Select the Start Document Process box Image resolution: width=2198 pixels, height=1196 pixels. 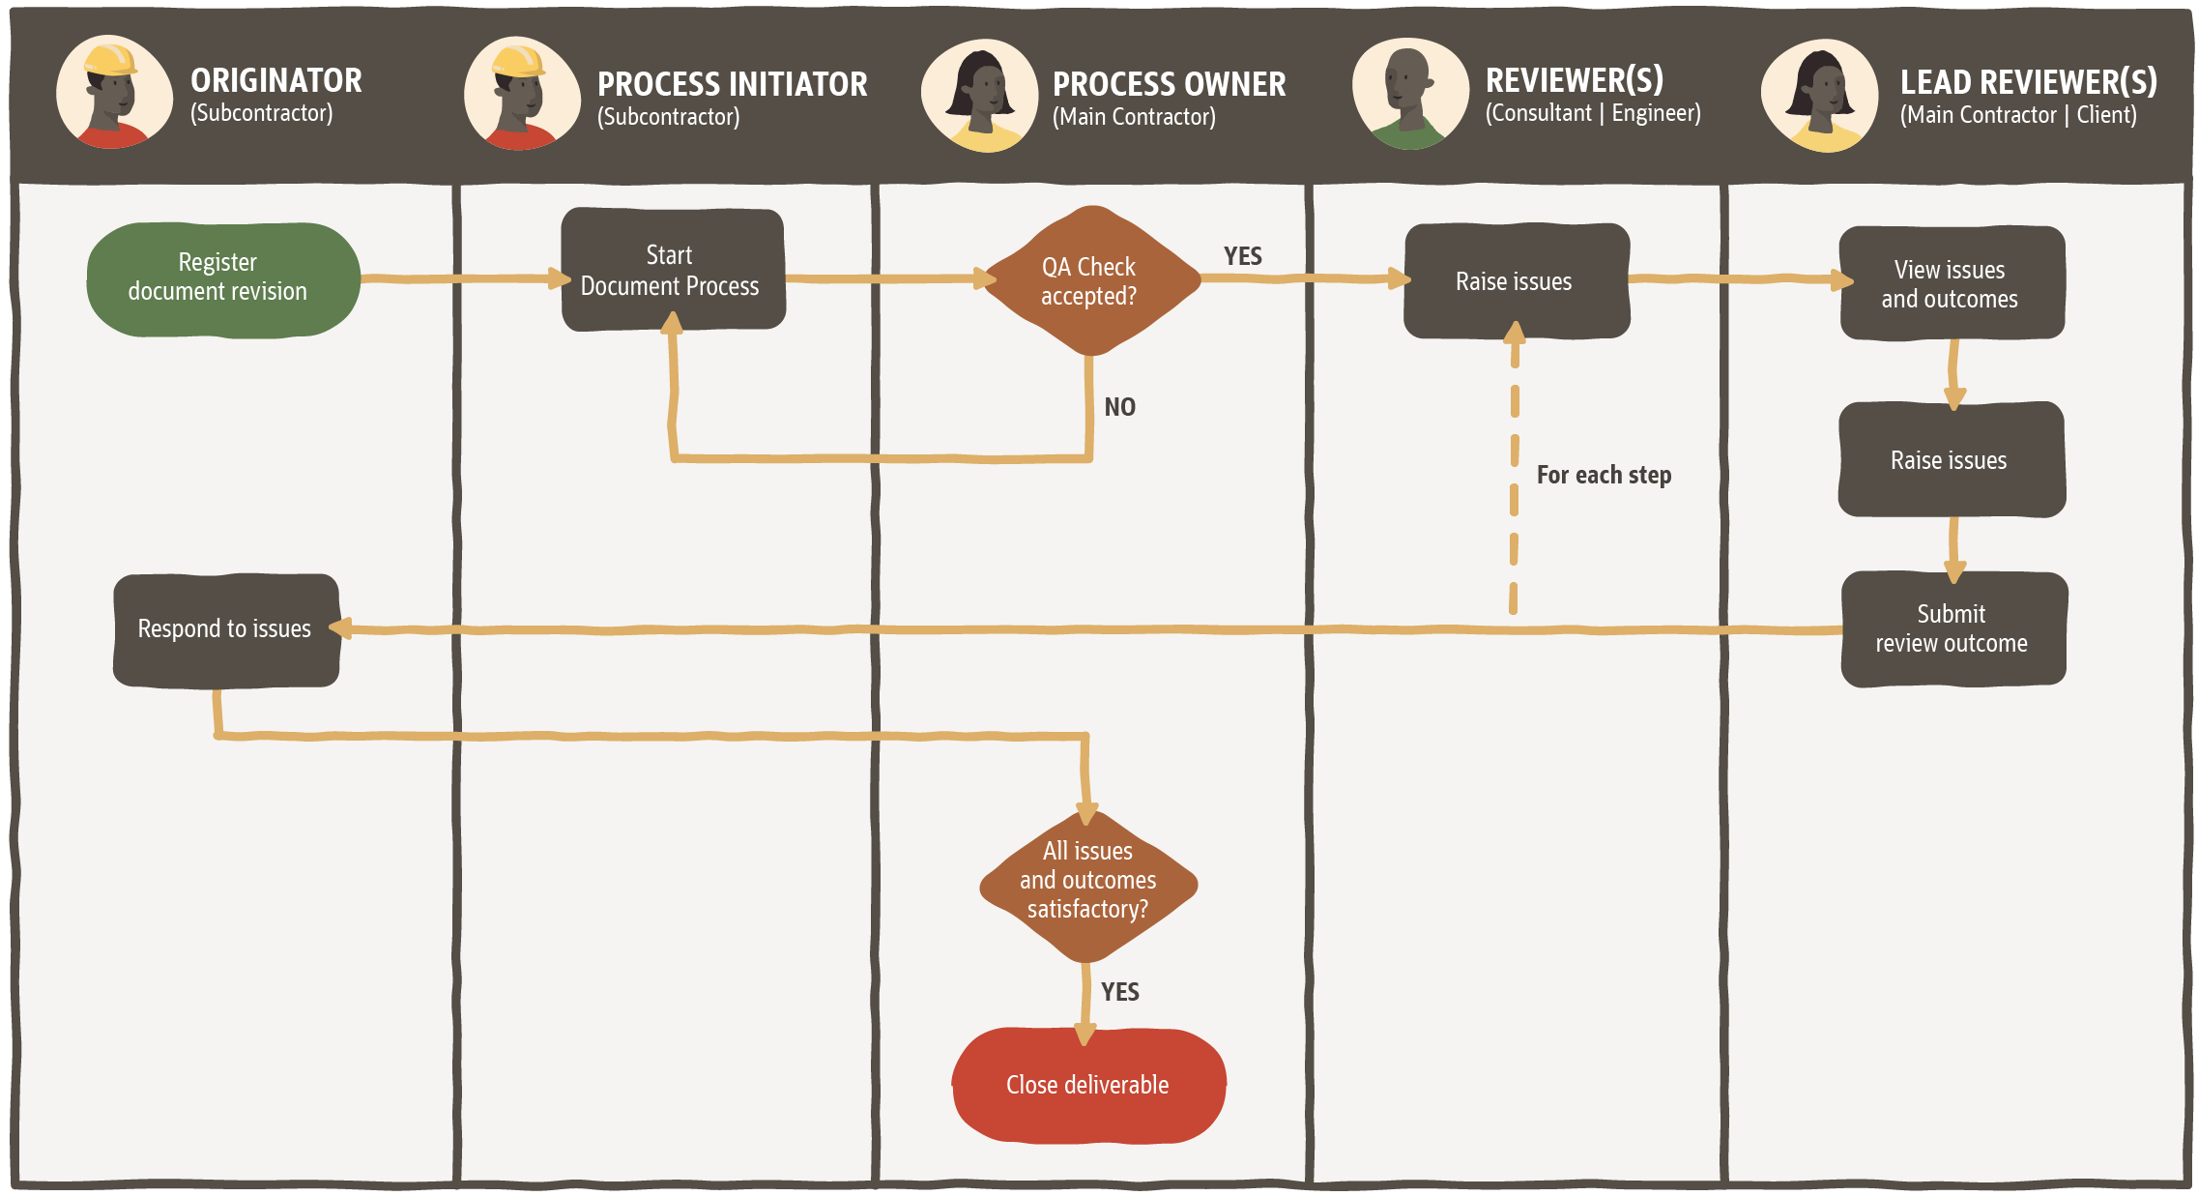(x=673, y=270)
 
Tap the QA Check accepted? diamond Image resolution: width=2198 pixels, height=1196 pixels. (x=1089, y=280)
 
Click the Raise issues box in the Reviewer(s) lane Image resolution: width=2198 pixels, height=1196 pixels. (x=1516, y=281)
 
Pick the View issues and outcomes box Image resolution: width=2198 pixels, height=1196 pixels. (x=1951, y=283)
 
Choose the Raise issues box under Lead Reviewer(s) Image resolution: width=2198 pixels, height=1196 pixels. (x=1951, y=460)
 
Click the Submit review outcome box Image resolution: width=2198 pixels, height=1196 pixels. (x=1952, y=628)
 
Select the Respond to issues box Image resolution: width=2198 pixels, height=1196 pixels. (x=225, y=629)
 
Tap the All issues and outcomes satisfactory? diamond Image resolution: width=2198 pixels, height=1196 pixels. (x=1088, y=882)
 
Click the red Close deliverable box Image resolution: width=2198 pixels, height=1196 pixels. (x=1088, y=1085)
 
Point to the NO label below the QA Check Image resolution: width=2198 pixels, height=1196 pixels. (x=1120, y=407)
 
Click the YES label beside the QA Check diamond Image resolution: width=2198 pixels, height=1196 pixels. (x=1243, y=256)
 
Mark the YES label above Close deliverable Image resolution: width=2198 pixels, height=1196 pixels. (x=1120, y=992)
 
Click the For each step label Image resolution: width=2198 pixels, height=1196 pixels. (x=1604, y=475)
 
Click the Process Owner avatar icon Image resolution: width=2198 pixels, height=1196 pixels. (x=980, y=95)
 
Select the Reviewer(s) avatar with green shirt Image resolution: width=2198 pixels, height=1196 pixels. (x=1409, y=94)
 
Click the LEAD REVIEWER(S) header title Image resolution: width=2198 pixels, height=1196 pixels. (x=2028, y=82)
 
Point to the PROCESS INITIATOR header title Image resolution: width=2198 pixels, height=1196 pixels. (x=732, y=84)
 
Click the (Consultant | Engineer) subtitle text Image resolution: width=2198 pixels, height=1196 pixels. (x=1593, y=114)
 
